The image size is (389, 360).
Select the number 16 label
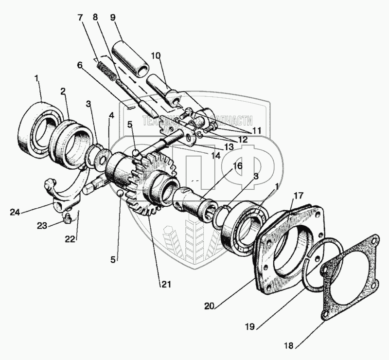pos(237,166)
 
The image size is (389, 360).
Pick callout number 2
pos(63,91)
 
